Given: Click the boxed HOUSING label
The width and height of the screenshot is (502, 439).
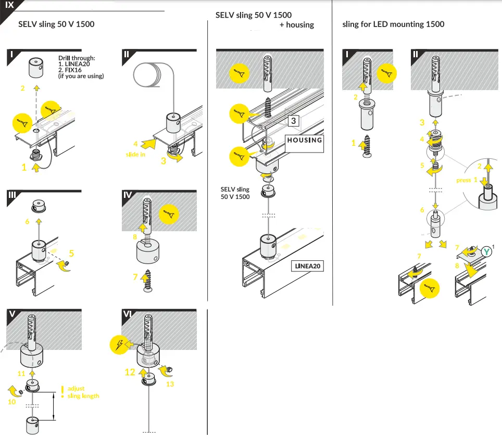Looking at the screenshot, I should [x=305, y=140].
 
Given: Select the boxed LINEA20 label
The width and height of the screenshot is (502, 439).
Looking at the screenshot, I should [x=307, y=266].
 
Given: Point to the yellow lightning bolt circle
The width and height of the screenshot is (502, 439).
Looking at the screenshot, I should [x=119, y=344].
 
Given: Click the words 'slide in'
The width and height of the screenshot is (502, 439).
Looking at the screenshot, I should [x=135, y=155].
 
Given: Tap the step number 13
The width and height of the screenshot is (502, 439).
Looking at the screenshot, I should [x=170, y=384].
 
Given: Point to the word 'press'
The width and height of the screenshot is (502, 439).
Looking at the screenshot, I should [x=463, y=180].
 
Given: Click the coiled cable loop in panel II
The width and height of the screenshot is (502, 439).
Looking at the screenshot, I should [x=149, y=76].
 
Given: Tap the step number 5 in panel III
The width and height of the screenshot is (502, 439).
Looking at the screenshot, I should [x=71, y=254].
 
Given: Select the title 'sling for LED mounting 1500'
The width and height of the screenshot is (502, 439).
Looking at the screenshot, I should [x=393, y=24].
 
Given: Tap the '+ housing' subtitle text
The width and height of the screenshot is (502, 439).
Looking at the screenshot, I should [x=296, y=24].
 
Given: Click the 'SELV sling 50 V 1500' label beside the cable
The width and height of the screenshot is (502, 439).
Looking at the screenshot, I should [x=235, y=193].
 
